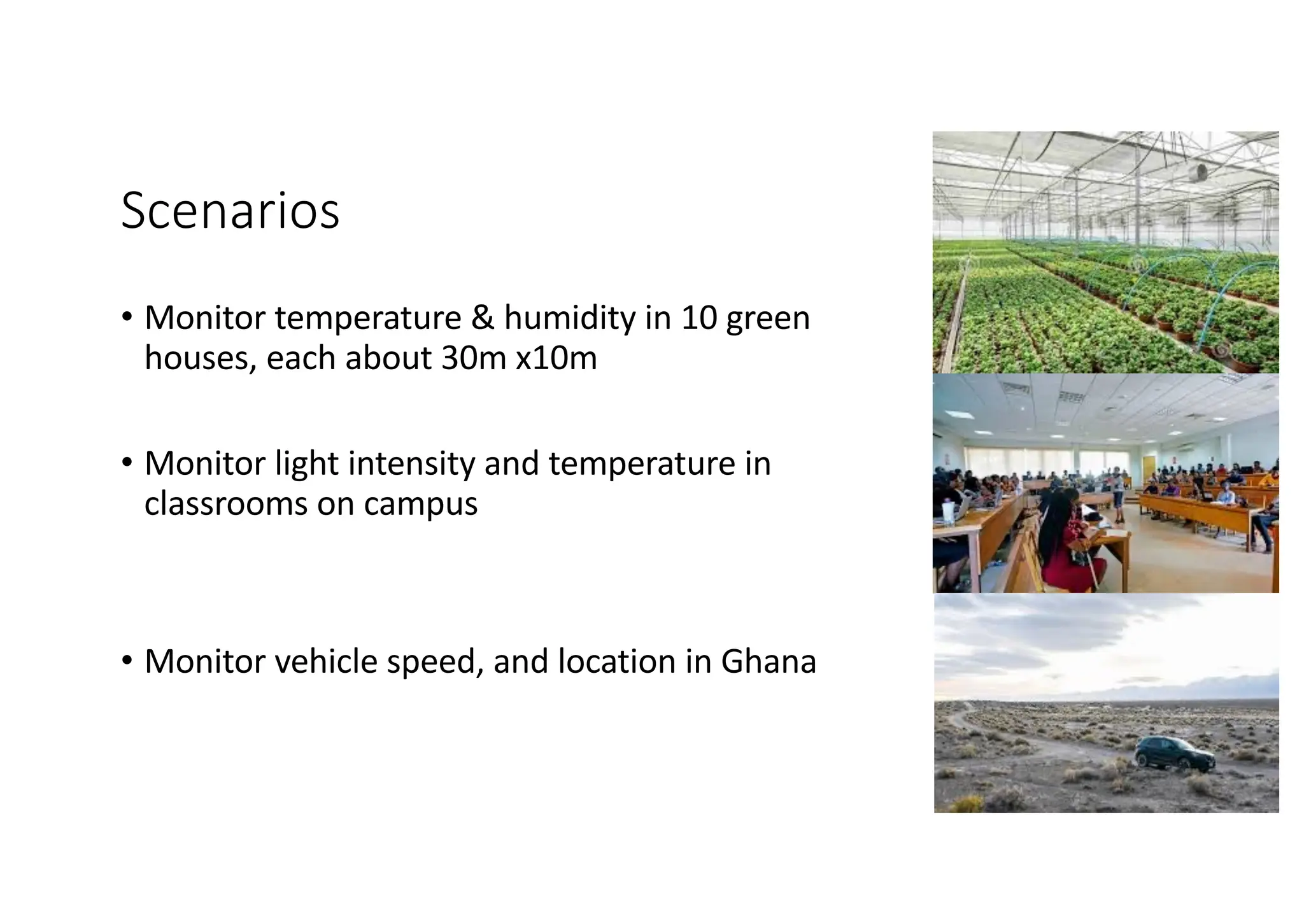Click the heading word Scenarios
click(x=230, y=211)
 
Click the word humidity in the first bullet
click(x=569, y=318)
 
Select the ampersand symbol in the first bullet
click(x=483, y=318)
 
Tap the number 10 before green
click(x=699, y=318)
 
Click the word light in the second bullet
click(x=306, y=463)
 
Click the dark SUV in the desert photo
click(x=1175, y=754)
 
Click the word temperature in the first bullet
click(x=368, y=319)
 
